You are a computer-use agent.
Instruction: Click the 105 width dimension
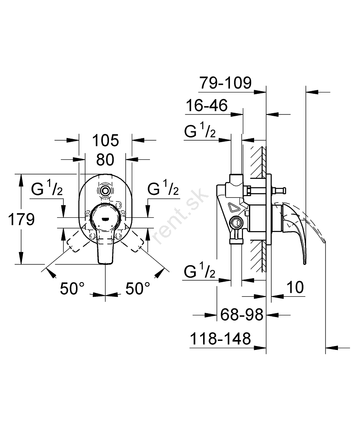pos(105,140)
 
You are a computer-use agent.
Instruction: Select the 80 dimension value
pos(105,160)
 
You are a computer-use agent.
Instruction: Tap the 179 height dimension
pos(22,219)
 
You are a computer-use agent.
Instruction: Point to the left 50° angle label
pos(72,289)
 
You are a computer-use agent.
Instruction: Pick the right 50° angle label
pos(138,289)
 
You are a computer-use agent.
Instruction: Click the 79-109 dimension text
pos(226,83)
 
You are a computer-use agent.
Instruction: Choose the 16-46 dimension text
pos(207,105)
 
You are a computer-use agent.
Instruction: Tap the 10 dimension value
pos(295,287)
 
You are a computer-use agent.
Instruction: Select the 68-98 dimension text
pos(242,314)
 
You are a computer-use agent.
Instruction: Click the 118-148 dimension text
pos(220,339)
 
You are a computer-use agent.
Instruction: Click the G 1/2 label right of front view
pos(163,188)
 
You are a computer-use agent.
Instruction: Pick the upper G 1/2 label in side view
pos(200,130)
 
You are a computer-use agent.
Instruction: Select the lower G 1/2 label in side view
pos(199,271)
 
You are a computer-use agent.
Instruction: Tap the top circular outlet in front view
pos(105,191)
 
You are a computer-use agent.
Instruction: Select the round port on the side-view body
pos(236,222)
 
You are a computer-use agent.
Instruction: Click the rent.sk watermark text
pos(181,216)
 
